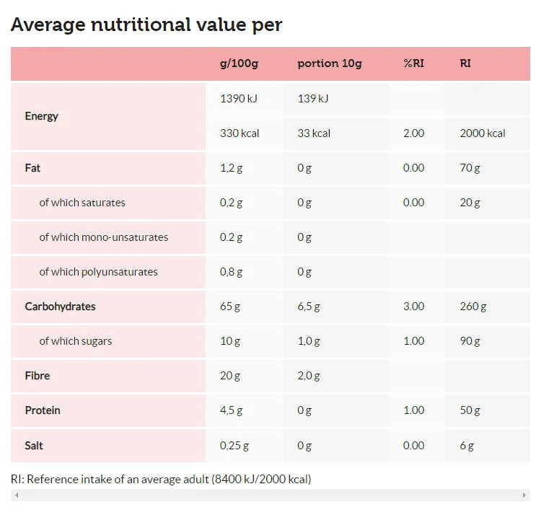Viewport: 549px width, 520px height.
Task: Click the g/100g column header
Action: click(239, 63)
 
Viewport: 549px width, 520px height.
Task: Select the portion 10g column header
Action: click(330, 63)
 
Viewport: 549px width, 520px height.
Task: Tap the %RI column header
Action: click(413, 63)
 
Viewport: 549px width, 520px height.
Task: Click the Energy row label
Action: click(41, 116)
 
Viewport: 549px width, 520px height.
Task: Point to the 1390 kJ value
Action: click(239, 99)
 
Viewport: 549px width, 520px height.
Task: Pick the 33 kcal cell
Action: click(314, 133)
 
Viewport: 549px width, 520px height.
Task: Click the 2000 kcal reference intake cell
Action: click(483, 133)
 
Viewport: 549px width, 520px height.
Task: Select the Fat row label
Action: click(32, 168)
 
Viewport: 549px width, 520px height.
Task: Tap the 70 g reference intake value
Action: click(470, 168)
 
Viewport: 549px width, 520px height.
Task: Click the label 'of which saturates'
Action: click(82, 203)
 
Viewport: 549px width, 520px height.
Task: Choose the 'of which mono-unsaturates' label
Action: click(104, 237)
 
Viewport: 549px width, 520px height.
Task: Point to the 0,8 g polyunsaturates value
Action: click(231, 272)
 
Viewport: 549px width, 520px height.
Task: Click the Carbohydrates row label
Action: click(60, 307)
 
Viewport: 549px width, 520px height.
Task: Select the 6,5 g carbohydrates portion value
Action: click(309, 307)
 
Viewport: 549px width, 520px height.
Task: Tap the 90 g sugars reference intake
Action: click(470, 341)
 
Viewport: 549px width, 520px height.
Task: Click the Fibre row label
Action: click(38, 376)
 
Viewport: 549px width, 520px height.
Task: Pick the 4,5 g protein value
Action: click(231, 410)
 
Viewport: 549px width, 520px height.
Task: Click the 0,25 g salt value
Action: click(234, 446)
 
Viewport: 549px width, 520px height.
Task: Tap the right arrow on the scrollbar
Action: click(524, 495)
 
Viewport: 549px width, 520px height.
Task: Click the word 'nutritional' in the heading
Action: click(141, 25)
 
